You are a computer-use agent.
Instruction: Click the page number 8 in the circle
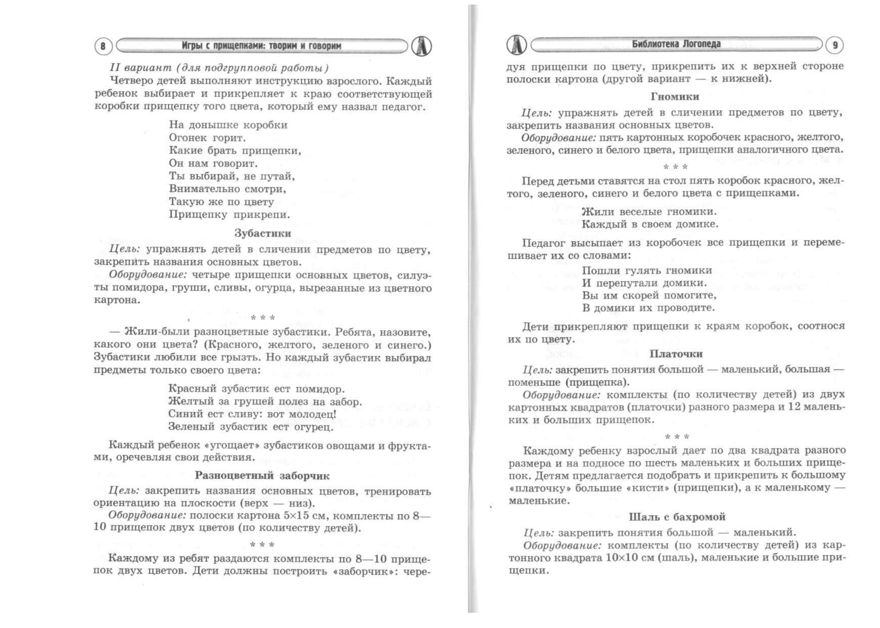[x=103, y=47]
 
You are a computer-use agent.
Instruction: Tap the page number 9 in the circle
[x=835, y=46]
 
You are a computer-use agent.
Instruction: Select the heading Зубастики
[x=262, y=233]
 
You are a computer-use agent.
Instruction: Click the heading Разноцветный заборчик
[x=262, y=475]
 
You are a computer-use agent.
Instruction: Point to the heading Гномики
[x=675, y=97]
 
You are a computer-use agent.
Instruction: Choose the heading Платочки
[x=676, y=354]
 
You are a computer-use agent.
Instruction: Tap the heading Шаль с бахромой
[x=677, y=517]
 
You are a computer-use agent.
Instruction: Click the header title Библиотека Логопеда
[x=676, y=44]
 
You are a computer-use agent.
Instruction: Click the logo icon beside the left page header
[x=421, y=46]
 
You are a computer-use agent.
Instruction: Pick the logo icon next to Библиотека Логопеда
[x=516, y=45]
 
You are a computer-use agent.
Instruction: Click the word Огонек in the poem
[x=188, y=138]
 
